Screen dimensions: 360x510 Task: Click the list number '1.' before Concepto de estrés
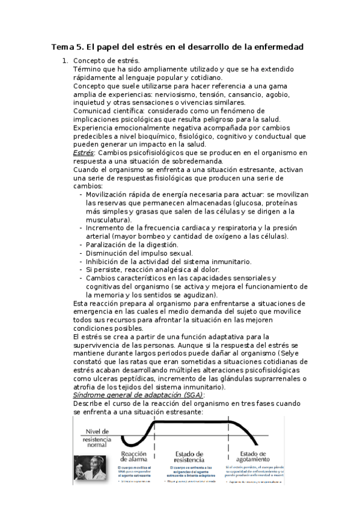pos(66,61)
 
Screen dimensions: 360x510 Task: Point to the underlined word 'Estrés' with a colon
pos(83,153)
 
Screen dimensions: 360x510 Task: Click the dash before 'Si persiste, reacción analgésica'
pos(81,270)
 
